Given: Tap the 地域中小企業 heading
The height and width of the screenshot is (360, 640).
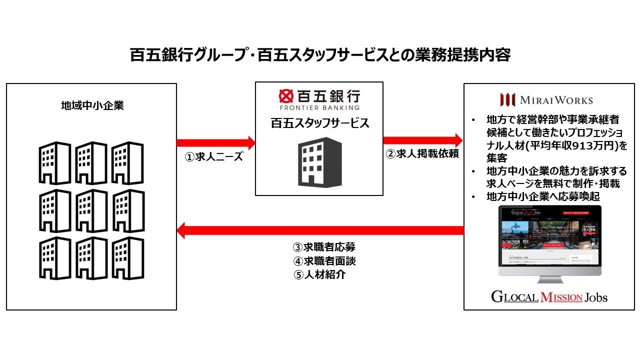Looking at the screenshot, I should click(x=92, y=106).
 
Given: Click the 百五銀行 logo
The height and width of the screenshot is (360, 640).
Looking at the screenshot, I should click(x=319, y=95).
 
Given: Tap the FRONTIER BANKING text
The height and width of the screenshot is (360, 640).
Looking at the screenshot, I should click(x=319, y=107).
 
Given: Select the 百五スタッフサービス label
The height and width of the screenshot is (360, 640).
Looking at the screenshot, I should click(x=319, y=123).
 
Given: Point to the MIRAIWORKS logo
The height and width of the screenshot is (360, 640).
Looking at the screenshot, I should click(x=546, y=99).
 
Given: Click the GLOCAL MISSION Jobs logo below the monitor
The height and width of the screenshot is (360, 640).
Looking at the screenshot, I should click(x=549, y=297).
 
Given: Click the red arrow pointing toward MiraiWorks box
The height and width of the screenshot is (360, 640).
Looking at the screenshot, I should click(x=423, y=140).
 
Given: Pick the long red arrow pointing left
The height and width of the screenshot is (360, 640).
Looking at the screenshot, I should click(x=320, y=230).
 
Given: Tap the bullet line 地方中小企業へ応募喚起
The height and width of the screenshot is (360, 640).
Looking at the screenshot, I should click(x=542, y=196).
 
